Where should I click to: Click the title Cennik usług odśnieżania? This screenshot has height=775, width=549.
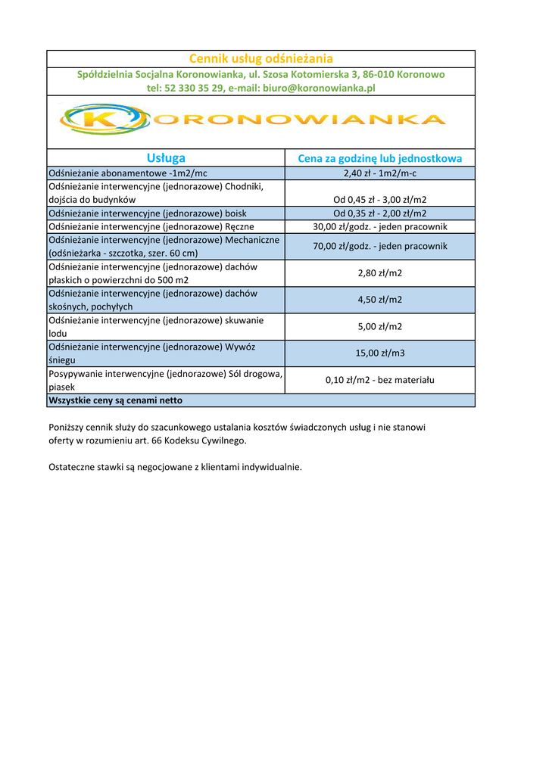[x=260, y=59]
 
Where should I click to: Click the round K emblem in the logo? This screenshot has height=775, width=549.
[x=104, y=120]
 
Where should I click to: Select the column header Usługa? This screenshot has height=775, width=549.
[x=166, y=158]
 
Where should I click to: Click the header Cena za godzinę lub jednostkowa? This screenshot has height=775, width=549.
[x=379, y=159]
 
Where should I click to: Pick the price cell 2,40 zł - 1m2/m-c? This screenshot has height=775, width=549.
[x=379, y=173]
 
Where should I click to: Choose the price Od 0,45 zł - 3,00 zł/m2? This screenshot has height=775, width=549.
[x=379, y=200]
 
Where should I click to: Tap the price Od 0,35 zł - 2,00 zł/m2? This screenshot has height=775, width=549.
[x=379, y=213]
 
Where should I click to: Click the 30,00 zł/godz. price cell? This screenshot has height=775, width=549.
[x=379, y=227]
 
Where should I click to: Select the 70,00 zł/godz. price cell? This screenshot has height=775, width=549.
[x=379, y=246]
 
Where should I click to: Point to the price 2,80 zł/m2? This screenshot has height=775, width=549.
[x=379, y=273]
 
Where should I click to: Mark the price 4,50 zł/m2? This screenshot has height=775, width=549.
[x=379, y=300]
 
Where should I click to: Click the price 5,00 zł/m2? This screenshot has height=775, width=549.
[x=379, y=327]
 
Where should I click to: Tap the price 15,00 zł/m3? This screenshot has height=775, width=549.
[x=379, y=353]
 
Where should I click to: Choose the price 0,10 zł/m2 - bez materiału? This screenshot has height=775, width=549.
[x=379, y=380]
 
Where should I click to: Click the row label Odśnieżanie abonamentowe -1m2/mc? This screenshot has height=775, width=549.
[x=127, y=173]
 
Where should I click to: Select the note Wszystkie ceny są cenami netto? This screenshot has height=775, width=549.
[x=115, y=400]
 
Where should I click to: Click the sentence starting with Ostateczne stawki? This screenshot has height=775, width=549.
[x=174, y=467]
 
